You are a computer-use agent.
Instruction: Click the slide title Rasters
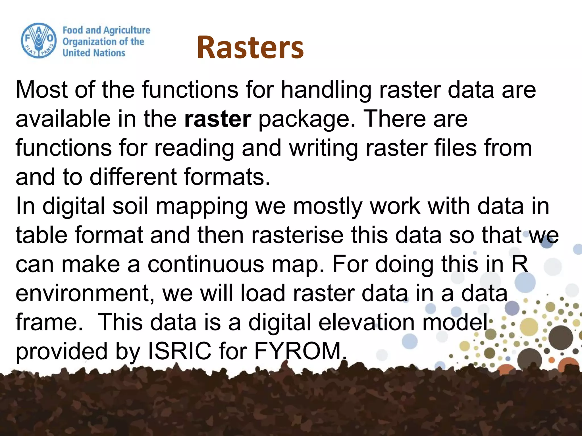coord(250,47)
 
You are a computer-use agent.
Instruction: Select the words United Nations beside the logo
coord(94,53)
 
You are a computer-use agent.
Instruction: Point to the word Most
coord(41,90)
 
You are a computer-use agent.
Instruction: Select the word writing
coord(324,148)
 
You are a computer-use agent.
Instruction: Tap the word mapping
coord(201,207)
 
